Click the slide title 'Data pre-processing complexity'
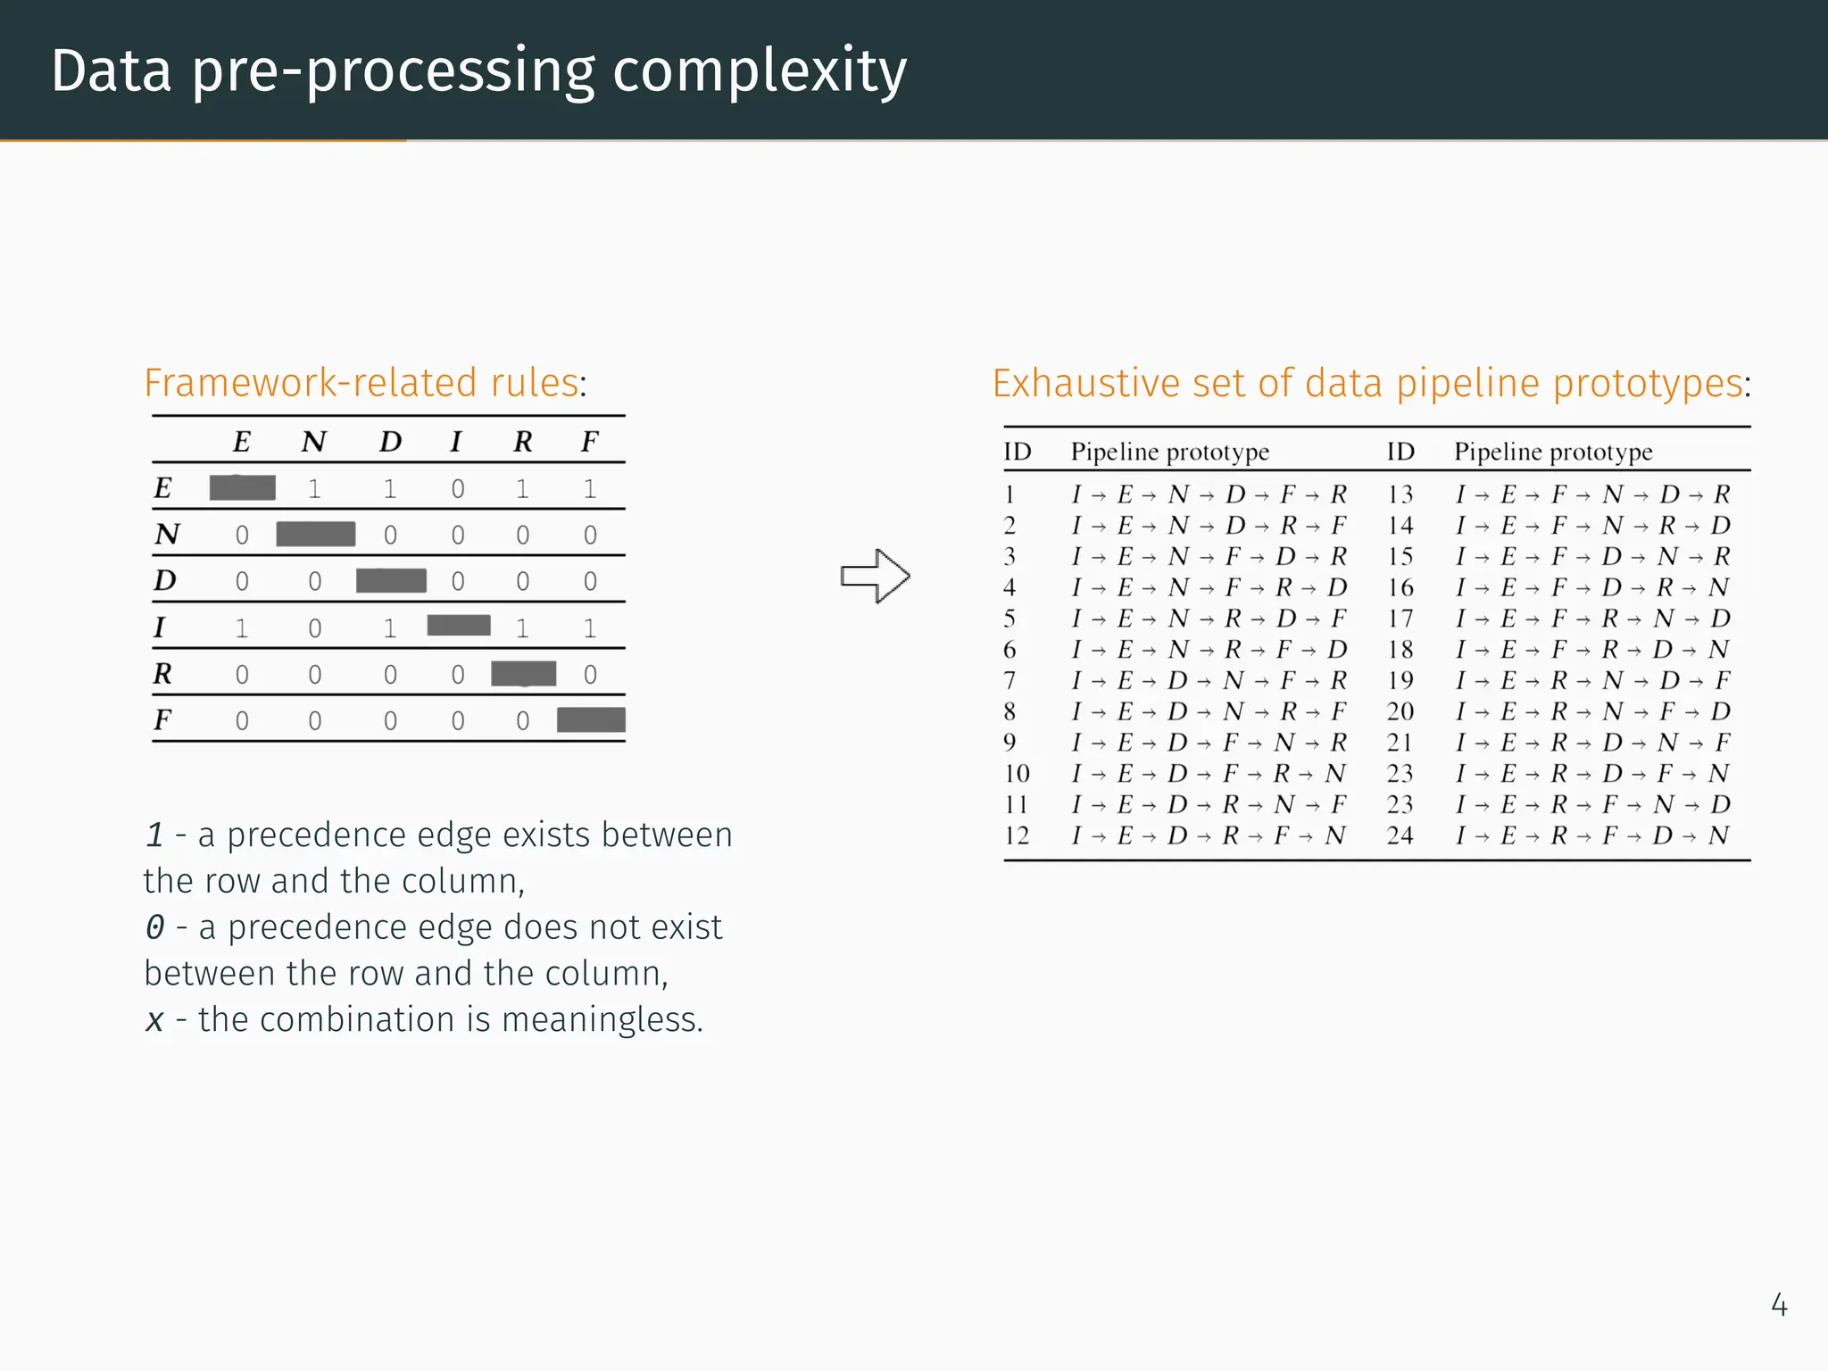tap(478, 71)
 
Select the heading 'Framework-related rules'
tap(361, 383)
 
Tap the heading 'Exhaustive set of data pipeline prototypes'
tap(1367, 384)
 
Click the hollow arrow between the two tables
tap(875, 576)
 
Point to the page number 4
tap(1778, 1305)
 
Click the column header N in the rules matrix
tap(313, 442)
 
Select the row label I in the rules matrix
tap(160, 627)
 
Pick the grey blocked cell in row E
tap(242, 488)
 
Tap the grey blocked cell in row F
tap(590, 719)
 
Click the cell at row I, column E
tap(242, 628)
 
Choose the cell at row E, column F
tap(590, 489)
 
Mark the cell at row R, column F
tap(590, 675)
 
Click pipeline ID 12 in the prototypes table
tap(1017, 835)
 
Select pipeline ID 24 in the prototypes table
tap(1400, 835)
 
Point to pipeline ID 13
tap(1400, 494)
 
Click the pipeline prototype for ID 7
tap(1209, 681)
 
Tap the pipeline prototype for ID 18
tap(1592, 650)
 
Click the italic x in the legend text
tap(155, 1019)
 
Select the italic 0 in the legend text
tap(155, 927)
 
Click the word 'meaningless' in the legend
tap(600, 1019)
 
